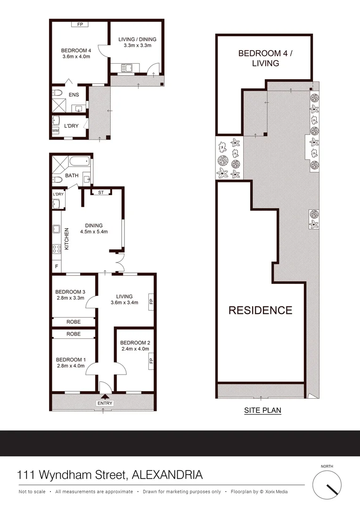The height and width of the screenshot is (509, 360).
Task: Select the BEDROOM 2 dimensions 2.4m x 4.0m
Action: pos(134,349)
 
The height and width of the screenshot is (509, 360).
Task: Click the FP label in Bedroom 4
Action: pos(80,24)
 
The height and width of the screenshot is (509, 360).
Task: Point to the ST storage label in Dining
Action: pos(101,192)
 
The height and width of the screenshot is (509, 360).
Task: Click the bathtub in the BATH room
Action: pos(79,162)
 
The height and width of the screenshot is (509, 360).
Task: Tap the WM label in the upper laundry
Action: pos(55,131)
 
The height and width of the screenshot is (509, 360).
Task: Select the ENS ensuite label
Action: pos(74,95)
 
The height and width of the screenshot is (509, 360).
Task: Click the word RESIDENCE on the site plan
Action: pos(260,310)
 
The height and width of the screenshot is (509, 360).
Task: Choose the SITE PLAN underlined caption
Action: pos(262,410)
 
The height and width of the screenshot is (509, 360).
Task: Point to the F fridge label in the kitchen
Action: pos(57,266)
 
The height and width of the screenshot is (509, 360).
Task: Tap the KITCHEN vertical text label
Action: pos(67,238)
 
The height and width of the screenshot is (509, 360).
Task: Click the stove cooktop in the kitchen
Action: pos(57,248)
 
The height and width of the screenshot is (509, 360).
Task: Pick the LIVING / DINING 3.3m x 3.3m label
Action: pos(137,42)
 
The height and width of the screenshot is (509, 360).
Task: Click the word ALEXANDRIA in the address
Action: pos(167,474)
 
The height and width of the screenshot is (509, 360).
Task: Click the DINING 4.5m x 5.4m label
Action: pos(94,228)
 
